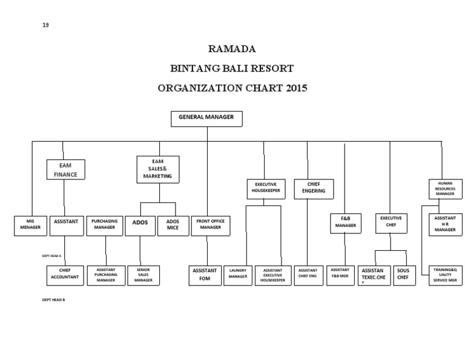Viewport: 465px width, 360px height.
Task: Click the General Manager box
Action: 206,118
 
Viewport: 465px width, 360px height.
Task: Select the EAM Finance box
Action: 65,169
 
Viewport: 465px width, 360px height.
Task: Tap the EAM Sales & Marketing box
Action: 158,169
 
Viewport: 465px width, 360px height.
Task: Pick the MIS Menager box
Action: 30,225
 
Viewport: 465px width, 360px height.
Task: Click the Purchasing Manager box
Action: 105,225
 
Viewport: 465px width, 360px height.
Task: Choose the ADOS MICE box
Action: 173,225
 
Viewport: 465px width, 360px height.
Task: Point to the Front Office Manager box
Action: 210,225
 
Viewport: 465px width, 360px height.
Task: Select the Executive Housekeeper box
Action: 266,189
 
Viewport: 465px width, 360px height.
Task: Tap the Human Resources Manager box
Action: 445,189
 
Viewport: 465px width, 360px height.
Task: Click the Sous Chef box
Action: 403,275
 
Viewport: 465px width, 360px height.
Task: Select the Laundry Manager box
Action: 238,275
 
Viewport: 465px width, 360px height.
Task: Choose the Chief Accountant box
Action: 65,275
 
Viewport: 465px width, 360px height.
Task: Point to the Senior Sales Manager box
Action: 143,275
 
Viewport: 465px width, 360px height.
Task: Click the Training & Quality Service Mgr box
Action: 445,275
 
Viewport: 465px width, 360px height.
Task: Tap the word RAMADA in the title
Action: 232,48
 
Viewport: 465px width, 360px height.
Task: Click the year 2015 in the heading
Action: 294,88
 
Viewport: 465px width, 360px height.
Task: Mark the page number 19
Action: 45,24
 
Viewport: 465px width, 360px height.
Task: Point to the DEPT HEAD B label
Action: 53,300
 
